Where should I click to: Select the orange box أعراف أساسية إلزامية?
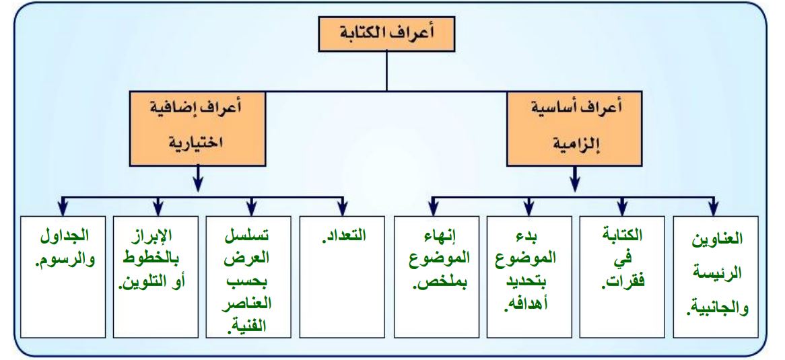click(x=574, y=128)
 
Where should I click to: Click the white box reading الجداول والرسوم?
click(x=63, y=277)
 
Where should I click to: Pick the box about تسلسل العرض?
click(x=248, y=277)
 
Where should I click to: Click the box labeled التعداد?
click(x=343, y=277)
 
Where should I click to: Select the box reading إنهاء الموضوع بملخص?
click(x=436, y=277)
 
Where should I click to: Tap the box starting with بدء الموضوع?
click(x=529, y=277)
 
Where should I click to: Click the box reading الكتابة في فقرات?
click(x=622, y=277)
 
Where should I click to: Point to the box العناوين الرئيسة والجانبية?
click(x=716, y=277)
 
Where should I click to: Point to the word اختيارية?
click(x=197, y=145)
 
